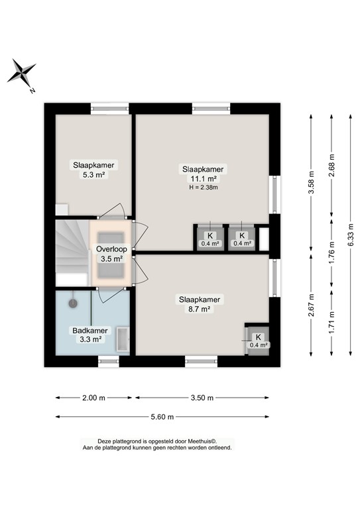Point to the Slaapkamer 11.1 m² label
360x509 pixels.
(x=204, y=174)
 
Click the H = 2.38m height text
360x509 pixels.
(x=204, y=188)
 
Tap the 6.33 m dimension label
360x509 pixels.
(x=351, y=234)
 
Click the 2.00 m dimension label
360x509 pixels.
(x=94, y=398)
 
